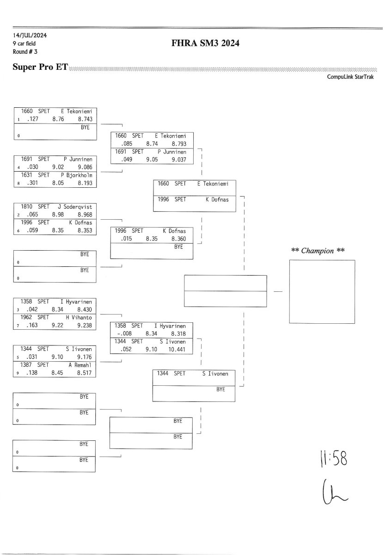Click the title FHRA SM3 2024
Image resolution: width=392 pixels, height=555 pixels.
click(205, 43)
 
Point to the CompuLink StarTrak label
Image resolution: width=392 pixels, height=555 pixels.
click(350, 77)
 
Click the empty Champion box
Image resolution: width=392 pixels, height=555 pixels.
click(322, 291)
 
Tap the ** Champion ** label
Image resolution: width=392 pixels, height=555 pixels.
click(318, 251)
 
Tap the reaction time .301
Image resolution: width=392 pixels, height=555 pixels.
click(31, 183)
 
